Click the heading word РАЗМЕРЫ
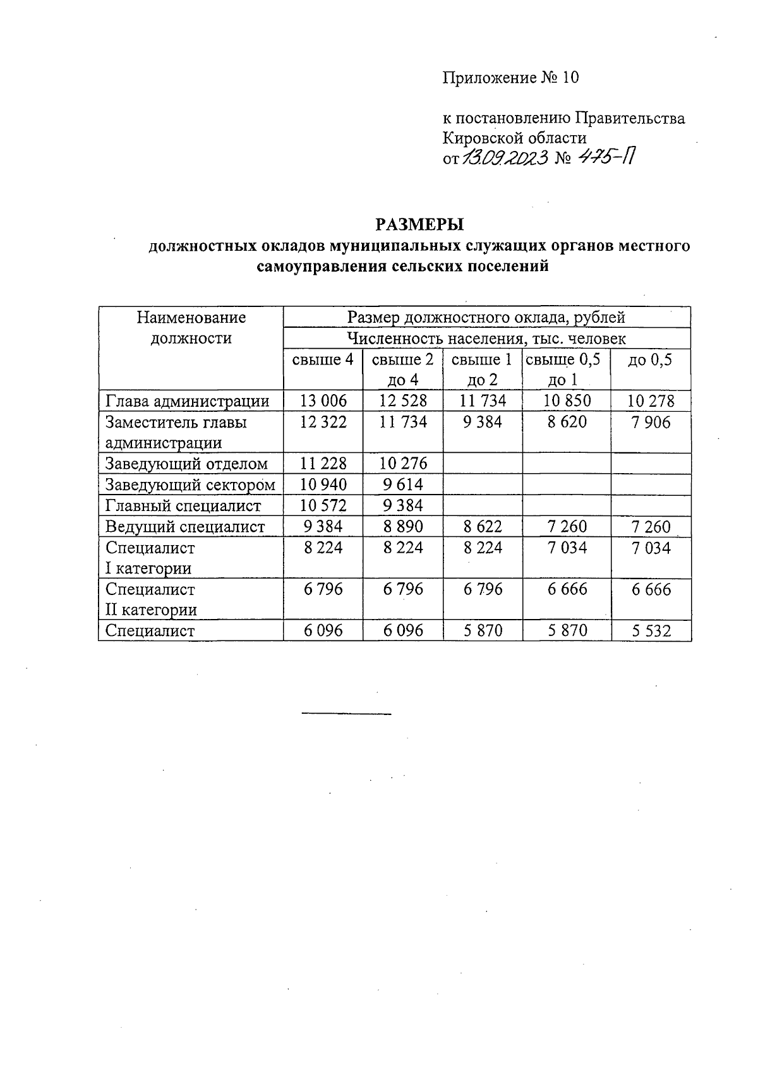point(419,225)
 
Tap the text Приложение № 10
point(510,78)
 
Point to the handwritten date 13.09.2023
point(504,158)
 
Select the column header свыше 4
point(323,360)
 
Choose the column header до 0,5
point(651,360)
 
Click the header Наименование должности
point(191,327)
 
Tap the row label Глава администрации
point(188,401)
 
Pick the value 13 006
point(323,401)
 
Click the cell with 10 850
point(567,401)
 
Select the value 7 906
point(651,422)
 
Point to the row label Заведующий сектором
point(190,485)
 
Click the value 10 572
point(323,506)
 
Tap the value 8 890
point(403,527)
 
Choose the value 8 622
point(483,527)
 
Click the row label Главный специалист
point(183,506)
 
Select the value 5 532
point(651,630)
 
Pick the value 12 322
point(323,422)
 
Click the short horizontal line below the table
point(347,714)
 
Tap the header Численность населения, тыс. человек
point(486,339)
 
